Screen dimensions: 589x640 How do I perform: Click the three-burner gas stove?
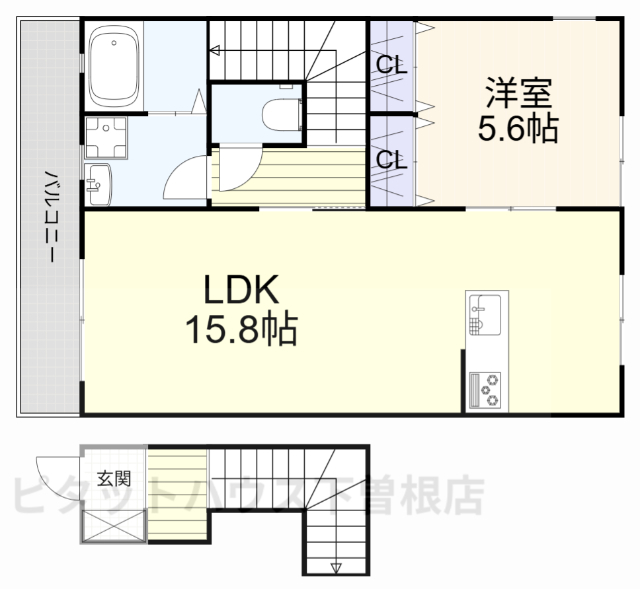pos(487,389)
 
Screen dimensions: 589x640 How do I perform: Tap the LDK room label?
pos(239,290)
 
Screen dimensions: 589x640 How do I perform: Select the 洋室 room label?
pos(518,95)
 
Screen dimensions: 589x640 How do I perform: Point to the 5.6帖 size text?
pos(518,131)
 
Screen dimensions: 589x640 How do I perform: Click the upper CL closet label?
pos(390,65)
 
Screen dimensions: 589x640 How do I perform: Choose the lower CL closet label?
pos(390,158)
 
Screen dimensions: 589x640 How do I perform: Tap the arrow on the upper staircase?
pos(214,48)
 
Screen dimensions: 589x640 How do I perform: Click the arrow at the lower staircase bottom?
pos(336,569)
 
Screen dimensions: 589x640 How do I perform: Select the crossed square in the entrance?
pos(113,525)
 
